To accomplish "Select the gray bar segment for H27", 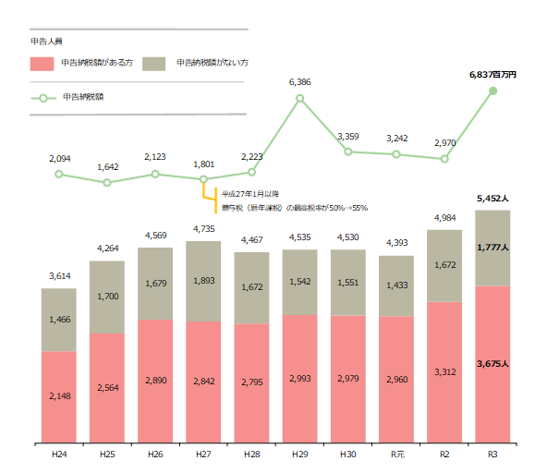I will click(203, 281).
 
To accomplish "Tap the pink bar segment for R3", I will click(492, 365).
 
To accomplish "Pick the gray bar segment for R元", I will click(396, 285).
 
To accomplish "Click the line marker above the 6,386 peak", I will click(299, 97).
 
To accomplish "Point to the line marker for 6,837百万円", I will click(492, 91).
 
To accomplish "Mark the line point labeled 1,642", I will click(107, 183).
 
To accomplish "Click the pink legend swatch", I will click(43, 63).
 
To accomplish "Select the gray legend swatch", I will click(154, 63).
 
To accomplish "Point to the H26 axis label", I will click(155, 455).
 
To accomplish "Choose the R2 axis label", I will click(444, 455).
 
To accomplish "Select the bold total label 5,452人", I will click(493, 198).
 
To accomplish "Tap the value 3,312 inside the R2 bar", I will click(444, 370).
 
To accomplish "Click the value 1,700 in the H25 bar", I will click(107, 297).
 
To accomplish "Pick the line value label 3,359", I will click(347, 137).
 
